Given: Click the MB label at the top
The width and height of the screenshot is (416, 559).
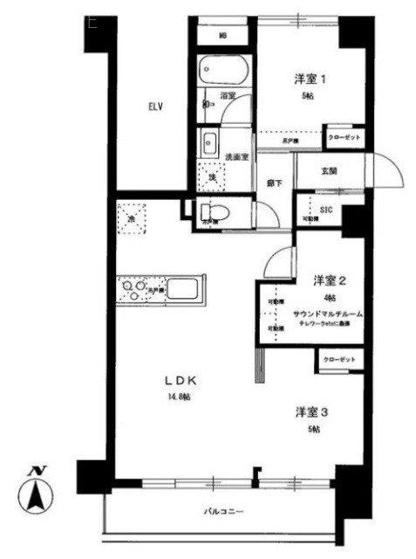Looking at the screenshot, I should click(x=223, y=36).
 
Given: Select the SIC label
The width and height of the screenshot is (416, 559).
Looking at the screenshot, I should click(x=326, y=210).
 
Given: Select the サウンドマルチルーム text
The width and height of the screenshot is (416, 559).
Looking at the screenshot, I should click(x=327, y=313).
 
